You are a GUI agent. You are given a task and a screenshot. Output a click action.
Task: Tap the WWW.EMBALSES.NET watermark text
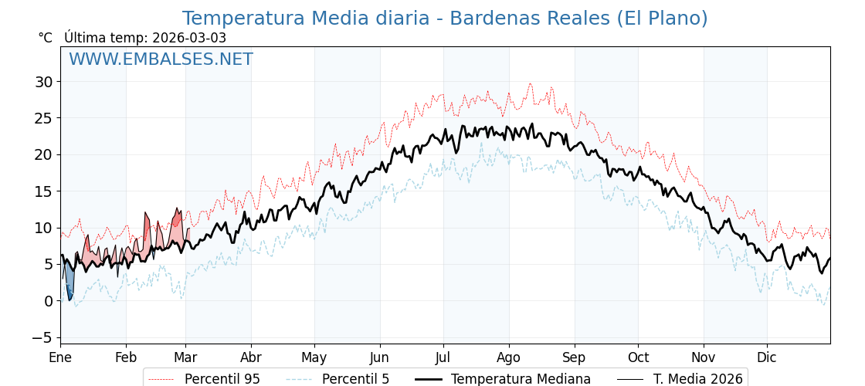point(161,59)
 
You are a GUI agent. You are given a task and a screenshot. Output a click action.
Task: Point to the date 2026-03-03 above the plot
point(189,38)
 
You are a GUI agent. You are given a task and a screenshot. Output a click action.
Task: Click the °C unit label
point(46,38)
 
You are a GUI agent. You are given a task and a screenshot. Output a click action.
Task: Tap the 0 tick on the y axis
point(48,301)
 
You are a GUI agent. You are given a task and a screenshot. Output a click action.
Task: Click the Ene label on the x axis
point(60,358)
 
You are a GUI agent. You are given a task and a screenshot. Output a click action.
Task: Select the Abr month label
point(251,358)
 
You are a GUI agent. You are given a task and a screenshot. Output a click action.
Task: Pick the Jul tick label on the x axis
point(443,358)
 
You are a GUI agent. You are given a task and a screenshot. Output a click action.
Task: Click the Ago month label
point(509,358)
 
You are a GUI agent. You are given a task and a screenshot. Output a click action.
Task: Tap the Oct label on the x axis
point(638,358)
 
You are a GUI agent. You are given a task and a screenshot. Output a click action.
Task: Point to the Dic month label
point(767,358)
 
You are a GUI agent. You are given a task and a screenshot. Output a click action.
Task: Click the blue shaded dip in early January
point(69,283)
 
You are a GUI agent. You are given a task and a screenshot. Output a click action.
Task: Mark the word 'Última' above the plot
point(83,38)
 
